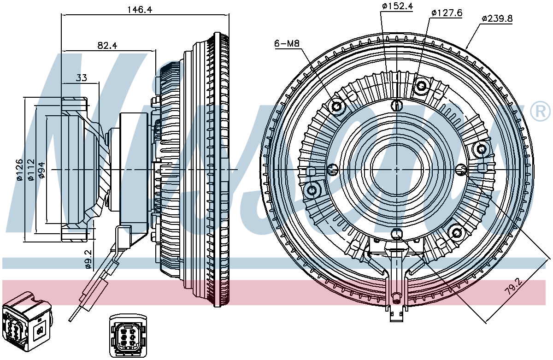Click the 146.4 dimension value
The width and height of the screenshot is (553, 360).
[x=140, y=10]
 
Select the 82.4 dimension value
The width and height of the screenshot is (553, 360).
[x=107, y=45]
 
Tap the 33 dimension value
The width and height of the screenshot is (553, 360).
[x=81, y=78]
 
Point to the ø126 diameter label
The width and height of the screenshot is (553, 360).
[x=19, y=170]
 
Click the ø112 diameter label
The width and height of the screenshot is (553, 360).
[x=30, y=170]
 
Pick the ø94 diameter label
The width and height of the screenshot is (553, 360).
[x=41, y=170]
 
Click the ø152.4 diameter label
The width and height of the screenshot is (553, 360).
[x=397, y=6]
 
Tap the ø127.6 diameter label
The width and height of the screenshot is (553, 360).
[x=446, y=13]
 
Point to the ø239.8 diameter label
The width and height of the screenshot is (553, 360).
[x=497, y=19]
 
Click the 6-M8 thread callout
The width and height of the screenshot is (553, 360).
[x=287, y=44]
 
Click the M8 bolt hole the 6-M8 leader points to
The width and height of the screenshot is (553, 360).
[x=338, y=107]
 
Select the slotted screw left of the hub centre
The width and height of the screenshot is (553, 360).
[x=332, y=170]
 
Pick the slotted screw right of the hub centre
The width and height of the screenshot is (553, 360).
[x=462, y=170]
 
